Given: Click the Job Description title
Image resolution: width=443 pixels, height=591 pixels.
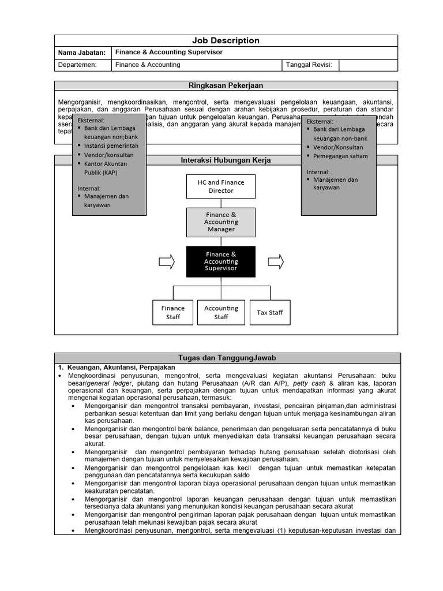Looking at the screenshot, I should pyautogui.click(x=226, y=40).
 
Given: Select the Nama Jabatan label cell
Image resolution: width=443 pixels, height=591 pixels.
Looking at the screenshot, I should pyautogui.click(x=82, y=53).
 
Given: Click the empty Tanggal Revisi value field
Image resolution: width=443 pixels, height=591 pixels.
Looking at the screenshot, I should pyautogui.click(x=368, y=65).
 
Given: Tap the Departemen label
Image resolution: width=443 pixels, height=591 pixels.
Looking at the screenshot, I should pyautogui.click(x=77, y=65).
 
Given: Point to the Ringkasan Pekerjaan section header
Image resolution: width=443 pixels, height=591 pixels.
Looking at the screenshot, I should pyautogui.click(x=226, y=85).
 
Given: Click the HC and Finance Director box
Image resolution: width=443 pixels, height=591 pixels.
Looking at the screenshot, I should pyautogui.click(x=221, y=186).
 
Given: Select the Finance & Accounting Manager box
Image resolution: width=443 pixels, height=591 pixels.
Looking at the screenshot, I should pyautogui.click(x=221, y=222).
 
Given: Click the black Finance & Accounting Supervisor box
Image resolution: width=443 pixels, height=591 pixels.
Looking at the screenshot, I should pyautogui.click(x=221, y=261).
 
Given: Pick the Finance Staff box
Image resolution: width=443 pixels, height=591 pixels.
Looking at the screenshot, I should pyautogui.click(x=173, y=312).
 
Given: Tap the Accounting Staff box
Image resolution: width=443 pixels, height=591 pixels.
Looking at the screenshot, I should pyautogui.click(x=221, y=312).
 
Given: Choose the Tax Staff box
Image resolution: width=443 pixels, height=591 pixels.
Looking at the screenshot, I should pyautogui.click(x=270, y=312).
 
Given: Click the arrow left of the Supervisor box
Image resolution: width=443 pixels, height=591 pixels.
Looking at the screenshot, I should pyautogui.click(x=167, y=261).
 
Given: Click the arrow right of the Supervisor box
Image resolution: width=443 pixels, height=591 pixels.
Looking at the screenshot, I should pyautogui.click(x=276, y=261).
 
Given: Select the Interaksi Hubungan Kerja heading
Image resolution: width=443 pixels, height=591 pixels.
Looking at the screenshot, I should pyautogui.click(x=226, y=160).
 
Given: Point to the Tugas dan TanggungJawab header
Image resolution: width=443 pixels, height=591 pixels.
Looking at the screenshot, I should pyautogui.click(x=226, y=358).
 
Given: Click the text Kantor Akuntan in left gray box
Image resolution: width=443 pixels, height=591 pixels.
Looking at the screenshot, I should pyautogui.click(x=106, y=164).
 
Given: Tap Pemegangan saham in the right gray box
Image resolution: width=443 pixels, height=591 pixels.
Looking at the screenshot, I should pyautogui.click(x=340, y=156).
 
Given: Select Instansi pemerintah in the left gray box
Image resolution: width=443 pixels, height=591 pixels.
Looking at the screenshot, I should pyautogui.click(x=111, y=146).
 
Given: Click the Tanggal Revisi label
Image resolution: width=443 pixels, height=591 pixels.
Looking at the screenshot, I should pyautogui.click(x=309, y=65).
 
